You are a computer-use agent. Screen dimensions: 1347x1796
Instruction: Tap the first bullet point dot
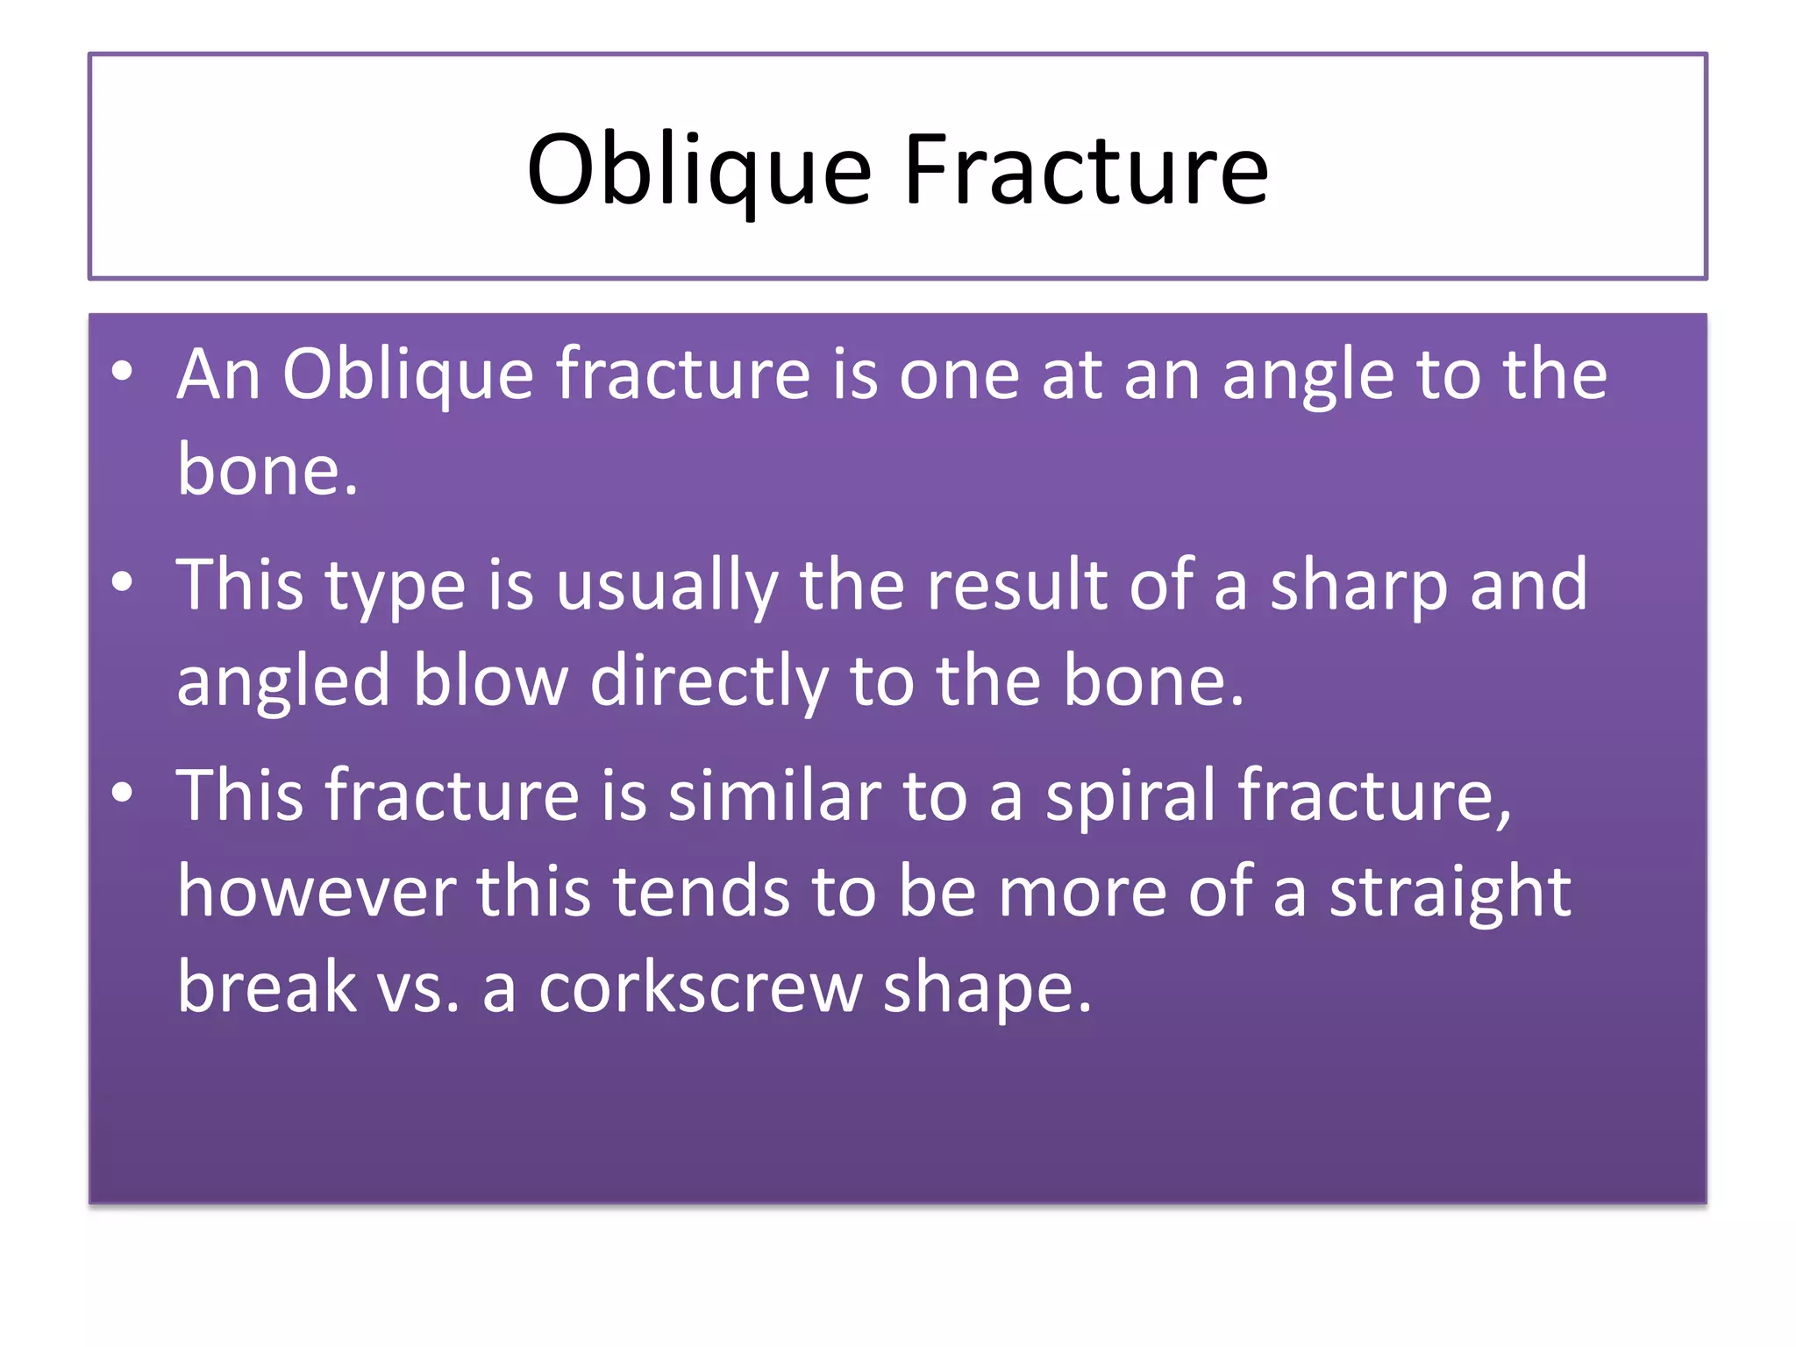pyautogui.click(x=122, y=371)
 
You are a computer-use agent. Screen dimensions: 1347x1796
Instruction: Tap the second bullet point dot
pyautogui.click(x=122, y=581)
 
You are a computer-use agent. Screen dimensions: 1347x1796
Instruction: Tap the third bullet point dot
pyautogui.click(x=122, y=792)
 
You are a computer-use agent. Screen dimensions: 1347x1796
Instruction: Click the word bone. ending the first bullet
pyautogui.click(x=267, y=471)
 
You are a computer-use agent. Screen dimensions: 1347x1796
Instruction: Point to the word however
pyautogui.click(x=316, y=892)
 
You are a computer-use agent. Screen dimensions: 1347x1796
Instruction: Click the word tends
pyautogui.click(x=701, y=892)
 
